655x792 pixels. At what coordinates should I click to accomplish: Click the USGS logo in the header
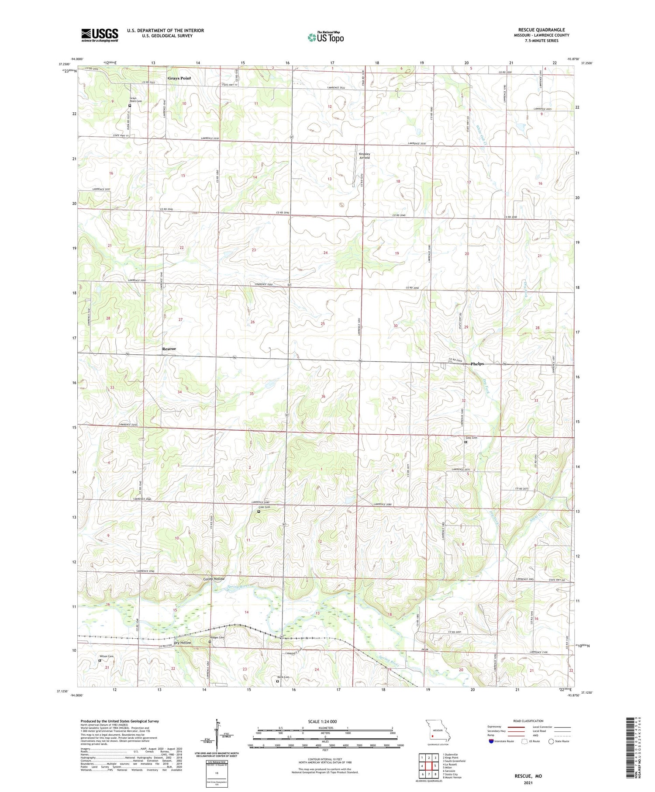point(100,35)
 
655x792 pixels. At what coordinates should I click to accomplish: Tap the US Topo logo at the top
point(325,37)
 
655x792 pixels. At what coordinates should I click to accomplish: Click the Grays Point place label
point(179,78)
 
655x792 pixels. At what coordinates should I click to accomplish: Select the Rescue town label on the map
point(169,349)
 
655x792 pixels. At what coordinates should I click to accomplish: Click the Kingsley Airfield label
point(364,156)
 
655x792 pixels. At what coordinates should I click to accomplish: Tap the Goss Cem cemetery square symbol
point(465,442)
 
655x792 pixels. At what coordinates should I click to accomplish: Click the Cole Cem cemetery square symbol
point(259,512)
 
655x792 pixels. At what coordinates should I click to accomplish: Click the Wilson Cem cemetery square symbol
point(100,661)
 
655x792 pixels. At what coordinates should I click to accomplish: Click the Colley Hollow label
point(214,579)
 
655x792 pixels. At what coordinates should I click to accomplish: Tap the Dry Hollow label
point(183,643)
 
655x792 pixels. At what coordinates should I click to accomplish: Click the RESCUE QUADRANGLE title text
point(541,30)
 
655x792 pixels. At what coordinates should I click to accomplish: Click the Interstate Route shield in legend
point(491,741)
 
